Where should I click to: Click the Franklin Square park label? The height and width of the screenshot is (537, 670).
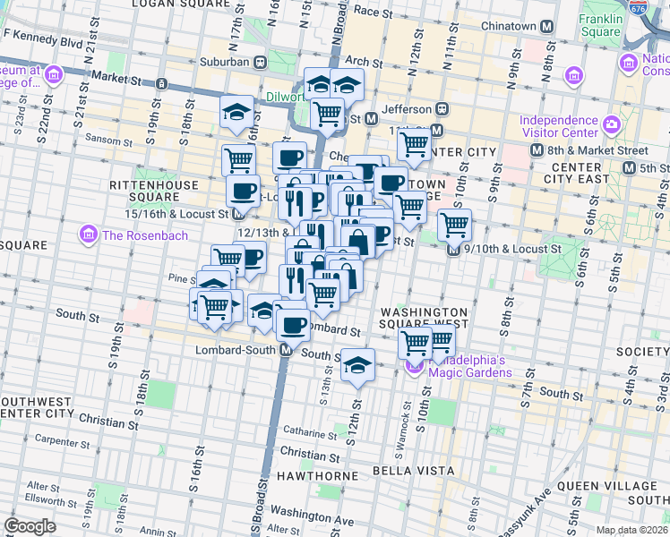[x=599, y=24]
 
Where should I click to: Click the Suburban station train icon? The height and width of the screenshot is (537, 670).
[x=260, y=63]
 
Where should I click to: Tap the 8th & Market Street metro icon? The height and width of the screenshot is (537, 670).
[x=537, y=150]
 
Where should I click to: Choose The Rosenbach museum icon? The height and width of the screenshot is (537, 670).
[x=89, y=235]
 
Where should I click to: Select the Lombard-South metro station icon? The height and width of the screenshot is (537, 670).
[x=285, y=351]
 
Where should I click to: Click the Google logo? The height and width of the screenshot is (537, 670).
[x=30, y=525]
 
